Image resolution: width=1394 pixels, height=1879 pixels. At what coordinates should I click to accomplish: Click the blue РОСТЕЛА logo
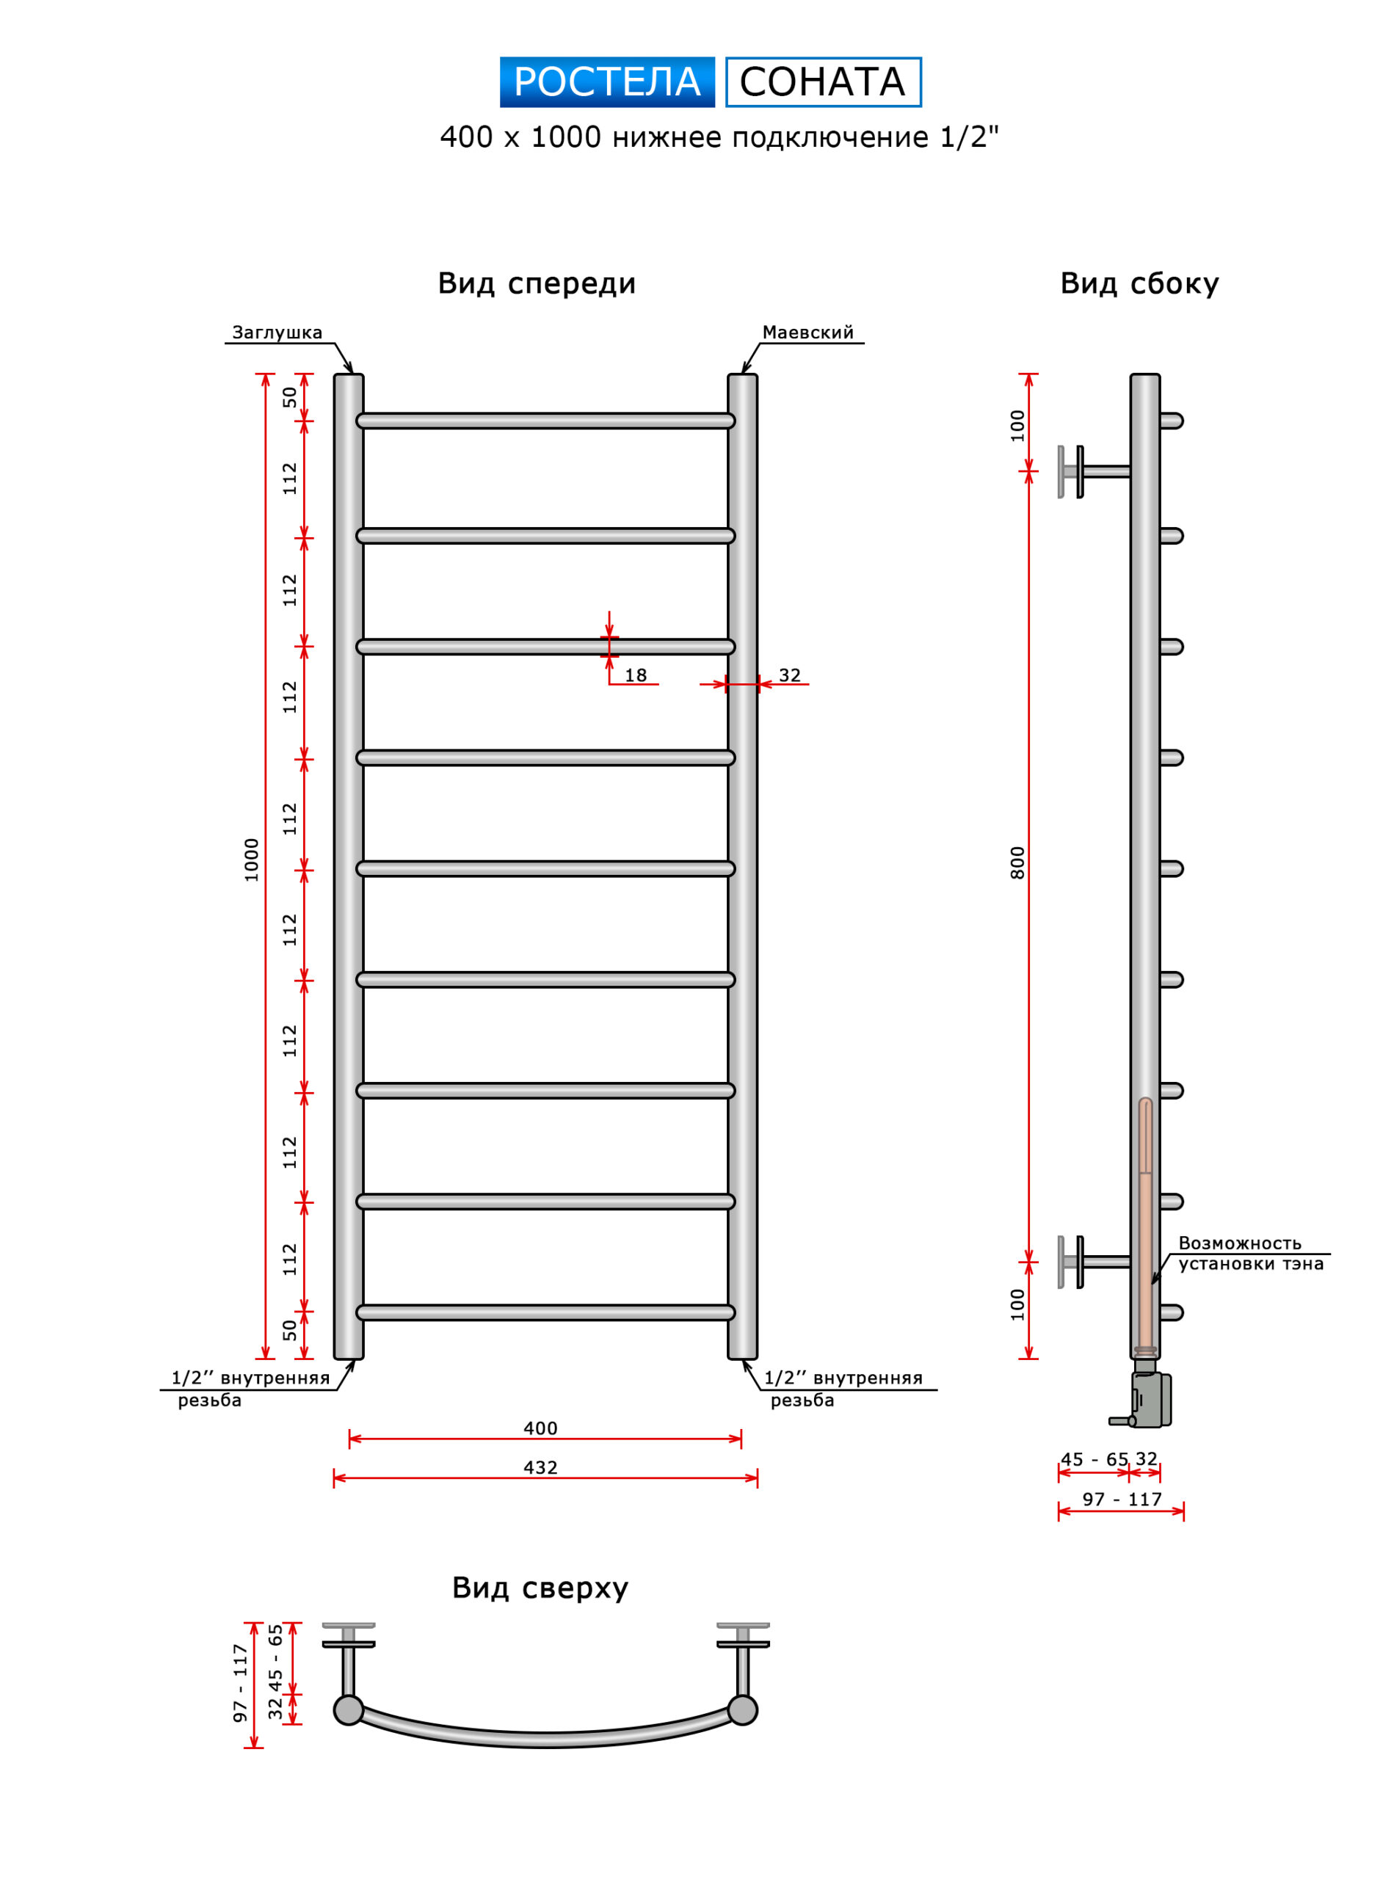tap(607, 82)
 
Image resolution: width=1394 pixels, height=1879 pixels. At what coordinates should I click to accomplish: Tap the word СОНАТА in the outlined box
tap(823, 82)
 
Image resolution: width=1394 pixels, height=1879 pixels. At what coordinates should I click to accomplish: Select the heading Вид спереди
tap(537, 284)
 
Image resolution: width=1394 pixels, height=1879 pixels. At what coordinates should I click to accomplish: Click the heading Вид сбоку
tap(1139, 284)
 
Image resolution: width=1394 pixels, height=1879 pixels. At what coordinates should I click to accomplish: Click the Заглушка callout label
tap(277, 332)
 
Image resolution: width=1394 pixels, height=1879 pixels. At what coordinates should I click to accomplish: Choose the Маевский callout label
tap(807, 332)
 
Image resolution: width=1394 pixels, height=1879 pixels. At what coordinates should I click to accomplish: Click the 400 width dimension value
tap(540, 1428)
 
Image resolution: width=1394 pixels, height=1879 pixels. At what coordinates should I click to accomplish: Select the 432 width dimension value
tap(540, 1468)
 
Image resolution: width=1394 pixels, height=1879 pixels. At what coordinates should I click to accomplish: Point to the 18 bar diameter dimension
tap(636, 676)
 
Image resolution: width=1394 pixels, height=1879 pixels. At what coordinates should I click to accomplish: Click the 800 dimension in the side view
tap(1017, 862)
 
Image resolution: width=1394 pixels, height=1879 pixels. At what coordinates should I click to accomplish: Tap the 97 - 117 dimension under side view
tap(1122, 1500)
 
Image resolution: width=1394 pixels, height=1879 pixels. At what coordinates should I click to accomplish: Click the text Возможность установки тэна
tap(1251, 1253)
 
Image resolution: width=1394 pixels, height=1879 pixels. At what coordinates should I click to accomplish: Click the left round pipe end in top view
tap(349, 1710)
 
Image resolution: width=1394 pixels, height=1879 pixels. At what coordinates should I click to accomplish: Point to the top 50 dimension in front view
tap(289, 396)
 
